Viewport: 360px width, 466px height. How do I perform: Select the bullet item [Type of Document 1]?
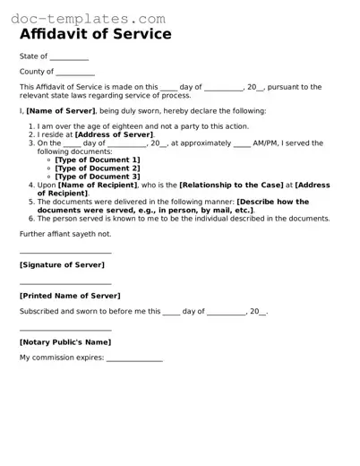click(x=97, y=160)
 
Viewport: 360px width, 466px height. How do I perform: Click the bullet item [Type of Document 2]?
click(x=97, y=168)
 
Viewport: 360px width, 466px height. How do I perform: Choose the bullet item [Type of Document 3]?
click(x=97, y=177)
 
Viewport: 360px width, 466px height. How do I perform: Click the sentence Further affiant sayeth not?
click(x=65, y=234)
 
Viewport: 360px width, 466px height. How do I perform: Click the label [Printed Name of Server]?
click(x=70, y=296)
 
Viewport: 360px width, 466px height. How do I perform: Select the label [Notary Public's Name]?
click(x=65, y=342)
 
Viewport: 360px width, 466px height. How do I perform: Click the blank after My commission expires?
click(x=134, y=360)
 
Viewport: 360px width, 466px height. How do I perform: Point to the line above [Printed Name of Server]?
click(x=65, y=283)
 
